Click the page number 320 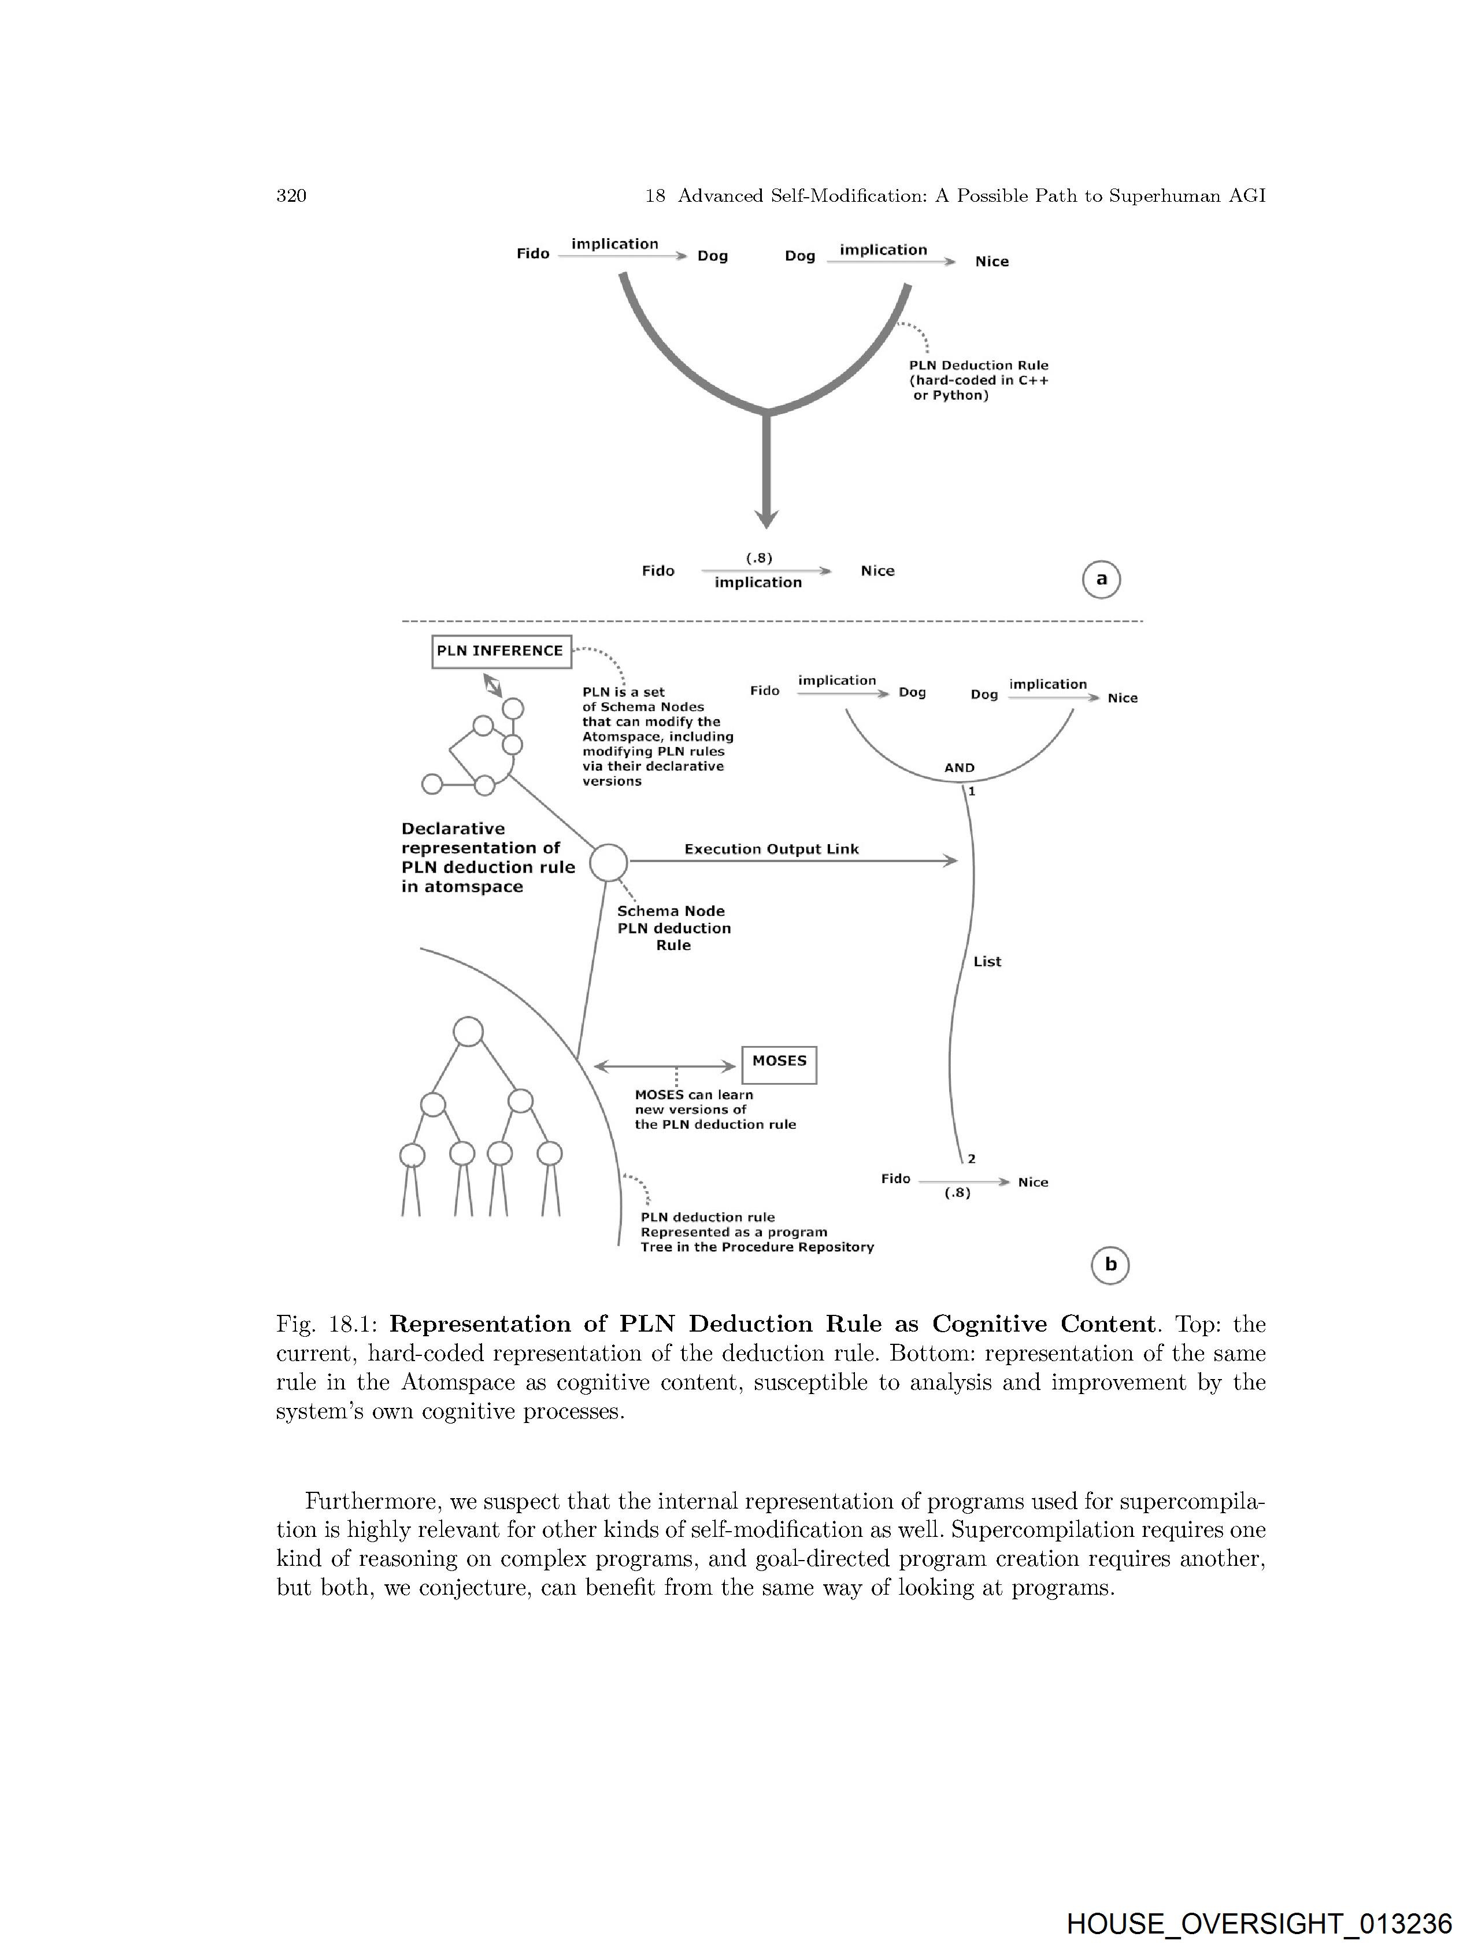tap(291, 195)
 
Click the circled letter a tap(1101, 579)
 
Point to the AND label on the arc tap(959, 768)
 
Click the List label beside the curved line tap(987, 962)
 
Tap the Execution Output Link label tap(771, 849)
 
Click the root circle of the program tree tap(468, 1031)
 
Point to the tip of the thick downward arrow tap(767, 526)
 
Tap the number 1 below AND tap(971, 792)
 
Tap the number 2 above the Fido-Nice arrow tap(971, 1159)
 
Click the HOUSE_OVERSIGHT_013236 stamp tap(1258, 1923)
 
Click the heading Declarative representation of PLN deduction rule tap(488, 857)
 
